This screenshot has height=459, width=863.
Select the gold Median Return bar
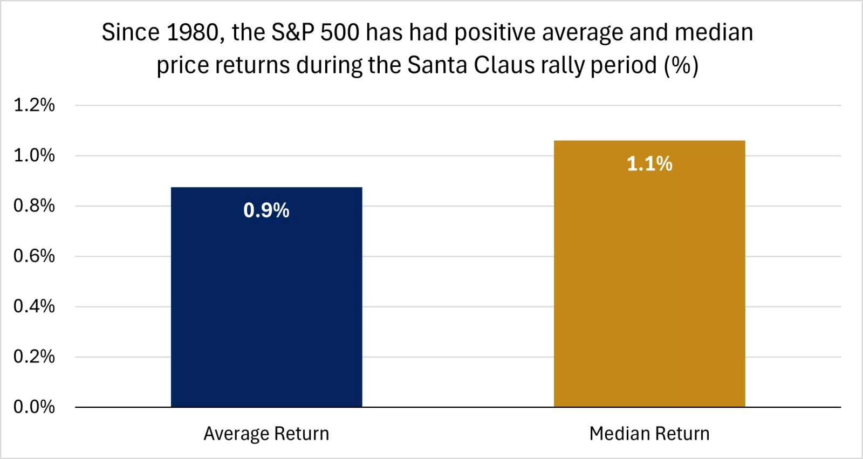(x=649, y=280)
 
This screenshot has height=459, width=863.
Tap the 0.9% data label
(x=266, y=210)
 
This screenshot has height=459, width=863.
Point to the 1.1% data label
(x=649, y=163)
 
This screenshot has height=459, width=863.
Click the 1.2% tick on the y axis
(x=34, y=105)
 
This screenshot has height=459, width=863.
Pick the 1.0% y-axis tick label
(x=34, y=155)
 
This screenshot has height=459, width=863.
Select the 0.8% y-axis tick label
(x=34, y=205)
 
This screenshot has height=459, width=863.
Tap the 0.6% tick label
(x=34, y=256)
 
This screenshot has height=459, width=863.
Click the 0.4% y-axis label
(x=34, y=306)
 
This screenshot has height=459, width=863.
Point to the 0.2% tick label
(x=34, y=357)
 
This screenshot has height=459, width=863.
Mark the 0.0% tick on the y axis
(x=34, y=407)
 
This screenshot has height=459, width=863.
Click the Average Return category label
(x=266, y=434)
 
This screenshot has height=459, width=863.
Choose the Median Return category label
(x=649, y=434)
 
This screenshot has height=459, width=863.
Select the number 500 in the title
(x=340, y=33)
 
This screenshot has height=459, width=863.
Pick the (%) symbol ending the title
(x=681, y=65)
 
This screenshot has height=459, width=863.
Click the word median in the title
(x=714, y=33)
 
